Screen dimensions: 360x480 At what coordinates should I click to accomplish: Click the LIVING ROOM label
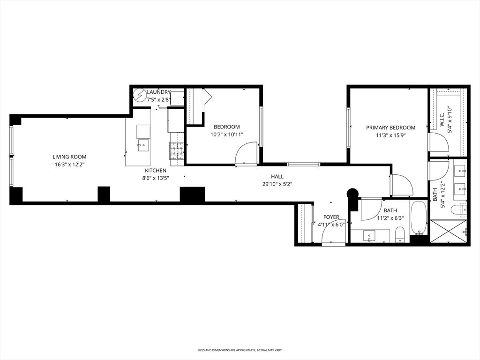tap(69, 157)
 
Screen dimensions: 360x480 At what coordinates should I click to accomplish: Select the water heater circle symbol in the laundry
tap(140, 96)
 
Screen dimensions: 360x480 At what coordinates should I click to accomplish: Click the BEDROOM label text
tap(226, 127)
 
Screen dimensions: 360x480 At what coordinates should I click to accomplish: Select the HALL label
tap(277, 176)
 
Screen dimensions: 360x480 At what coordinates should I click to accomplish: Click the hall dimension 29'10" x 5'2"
tap(277, 184)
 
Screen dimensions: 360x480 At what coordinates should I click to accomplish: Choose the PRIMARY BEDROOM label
tap(390, 127)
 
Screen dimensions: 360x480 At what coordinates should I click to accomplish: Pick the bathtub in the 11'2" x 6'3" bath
tap(418, 217)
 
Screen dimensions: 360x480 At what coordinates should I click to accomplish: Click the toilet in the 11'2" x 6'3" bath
tap(400, 235)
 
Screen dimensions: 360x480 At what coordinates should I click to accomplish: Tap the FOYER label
tap(331, 217)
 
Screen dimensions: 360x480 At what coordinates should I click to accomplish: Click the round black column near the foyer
tap(352, 193)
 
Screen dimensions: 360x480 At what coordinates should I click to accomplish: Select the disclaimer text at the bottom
tap(240, 350)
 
